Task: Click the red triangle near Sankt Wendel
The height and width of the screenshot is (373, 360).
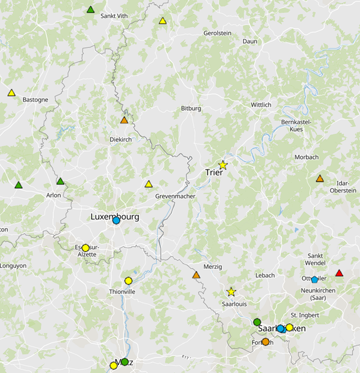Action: tap(339, 274)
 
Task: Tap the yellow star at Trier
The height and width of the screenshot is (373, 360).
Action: tap(223, 165)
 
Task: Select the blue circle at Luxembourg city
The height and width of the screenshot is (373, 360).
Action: tap(116, 220)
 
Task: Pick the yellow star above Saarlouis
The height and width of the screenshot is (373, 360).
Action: tap(231, 292)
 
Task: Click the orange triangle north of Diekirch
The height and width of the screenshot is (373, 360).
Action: tap(124, 120)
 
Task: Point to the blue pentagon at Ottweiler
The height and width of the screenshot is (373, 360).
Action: tap(315, 280)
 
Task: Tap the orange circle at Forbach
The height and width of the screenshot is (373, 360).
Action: tap(266, 342)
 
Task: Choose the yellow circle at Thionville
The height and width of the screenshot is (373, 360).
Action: tap(128, 281)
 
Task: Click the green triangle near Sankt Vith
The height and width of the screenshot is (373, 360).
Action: tap(90, 10)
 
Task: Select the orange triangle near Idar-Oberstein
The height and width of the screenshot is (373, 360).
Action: tap(320, 178)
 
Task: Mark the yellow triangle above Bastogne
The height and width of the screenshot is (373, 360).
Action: tap(11, 93)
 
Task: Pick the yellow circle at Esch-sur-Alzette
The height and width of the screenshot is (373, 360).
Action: tap(86, 248)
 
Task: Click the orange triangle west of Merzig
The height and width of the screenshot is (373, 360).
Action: tap(196, 275)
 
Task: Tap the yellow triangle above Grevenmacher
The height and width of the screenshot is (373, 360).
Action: tap(148, 184)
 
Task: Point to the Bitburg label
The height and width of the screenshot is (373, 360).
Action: tap(191, 108)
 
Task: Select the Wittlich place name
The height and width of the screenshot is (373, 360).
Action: tap(261, 105)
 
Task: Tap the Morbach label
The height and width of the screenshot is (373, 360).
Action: tap(307, 157)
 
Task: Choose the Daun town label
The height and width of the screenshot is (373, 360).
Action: tap(249, 41)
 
